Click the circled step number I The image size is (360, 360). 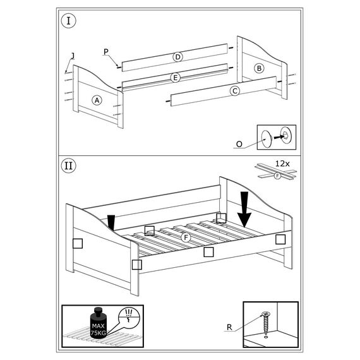(68, 21)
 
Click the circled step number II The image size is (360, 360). (68, 165)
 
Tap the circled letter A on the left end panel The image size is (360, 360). (97, 100)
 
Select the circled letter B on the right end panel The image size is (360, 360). (259, 68)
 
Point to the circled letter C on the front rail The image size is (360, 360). (235, 91)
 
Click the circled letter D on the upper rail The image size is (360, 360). (177, 57)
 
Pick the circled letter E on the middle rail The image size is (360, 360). (176, 78)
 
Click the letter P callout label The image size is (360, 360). (106, 52)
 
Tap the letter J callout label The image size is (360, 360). (73, 56)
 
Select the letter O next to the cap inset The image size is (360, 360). (239, 144)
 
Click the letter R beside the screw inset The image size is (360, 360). (229, 327)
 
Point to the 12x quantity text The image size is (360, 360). (282, 164)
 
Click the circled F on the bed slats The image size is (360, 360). (186, 237)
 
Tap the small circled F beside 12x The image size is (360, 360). (278, 176)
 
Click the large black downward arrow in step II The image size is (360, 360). (244, 210)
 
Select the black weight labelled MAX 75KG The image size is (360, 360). (99, 323)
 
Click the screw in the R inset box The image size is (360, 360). (266, 324)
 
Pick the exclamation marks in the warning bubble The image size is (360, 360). (129, 312)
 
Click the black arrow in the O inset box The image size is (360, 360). (279, 136)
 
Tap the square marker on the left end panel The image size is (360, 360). (78, 243)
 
